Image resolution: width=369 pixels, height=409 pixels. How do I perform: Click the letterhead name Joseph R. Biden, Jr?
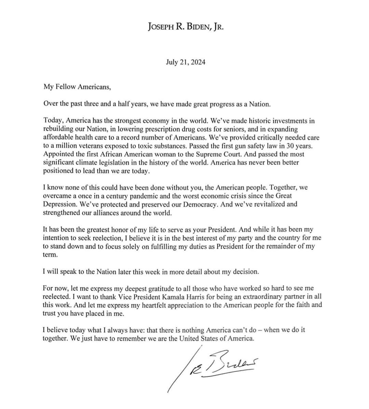pos(186,27)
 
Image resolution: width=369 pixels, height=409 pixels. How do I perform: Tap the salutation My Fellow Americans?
pos(77,87)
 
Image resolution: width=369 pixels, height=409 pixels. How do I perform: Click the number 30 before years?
pos(286,146)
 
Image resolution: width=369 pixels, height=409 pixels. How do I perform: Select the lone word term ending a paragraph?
pos(49,255)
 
